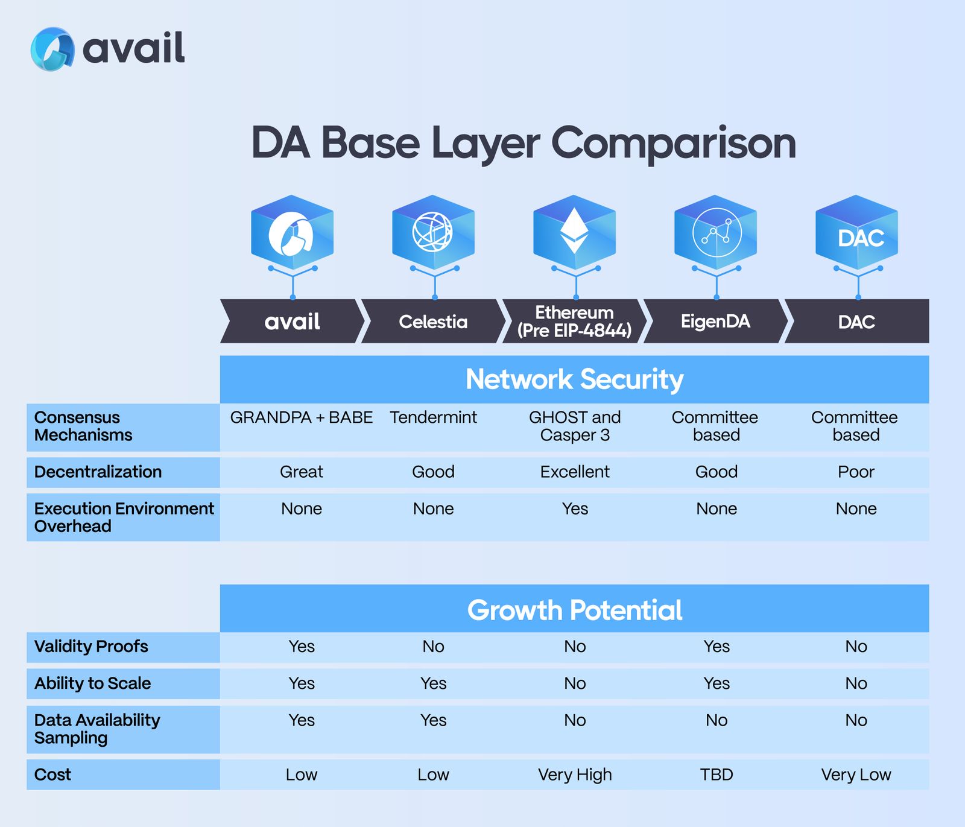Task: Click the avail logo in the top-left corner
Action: coord(107,49)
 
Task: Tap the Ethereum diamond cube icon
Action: coord(574,232)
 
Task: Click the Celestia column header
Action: coord(433,322)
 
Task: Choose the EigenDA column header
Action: coord(715,322)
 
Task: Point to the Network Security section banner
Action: coord(574,379)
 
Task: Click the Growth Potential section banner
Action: coord(574,610)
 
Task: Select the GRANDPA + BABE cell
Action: coord(302,417)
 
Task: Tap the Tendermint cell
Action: coord(433,417)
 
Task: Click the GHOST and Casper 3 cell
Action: coord(575,426)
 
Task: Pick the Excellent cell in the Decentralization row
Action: coord(575,472)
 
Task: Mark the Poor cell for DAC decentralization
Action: coord(856,472)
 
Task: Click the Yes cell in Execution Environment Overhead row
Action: coord(575,509)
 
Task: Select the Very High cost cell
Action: coord(575,775)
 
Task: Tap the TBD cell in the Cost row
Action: coord(717,775)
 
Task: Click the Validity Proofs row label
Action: coord(91,647)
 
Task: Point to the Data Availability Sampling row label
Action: coord(96,729)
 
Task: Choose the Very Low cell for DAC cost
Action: coord(856,775)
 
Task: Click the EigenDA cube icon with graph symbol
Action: coord(716,232)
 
